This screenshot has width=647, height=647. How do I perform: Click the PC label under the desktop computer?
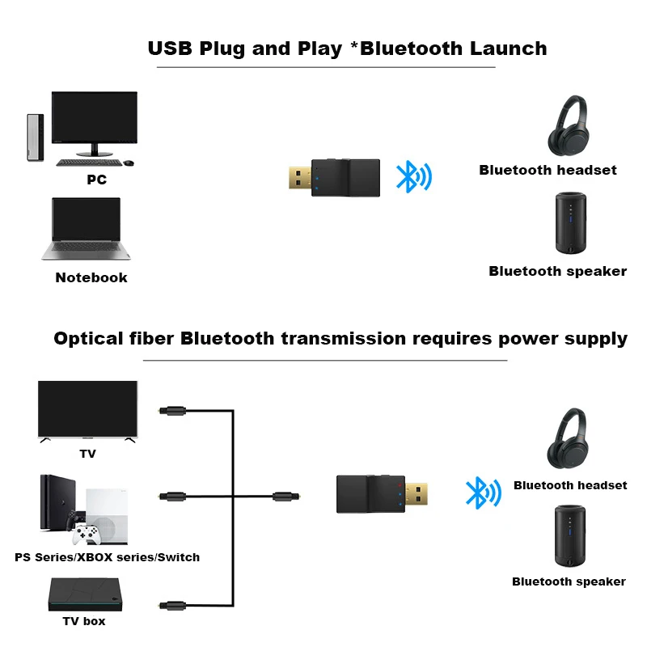tap(96, 180)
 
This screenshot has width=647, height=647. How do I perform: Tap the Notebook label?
tap(91, 277)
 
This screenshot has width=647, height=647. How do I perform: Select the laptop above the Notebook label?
tap(86, 229)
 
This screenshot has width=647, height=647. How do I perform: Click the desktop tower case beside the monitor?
tap(35, 137)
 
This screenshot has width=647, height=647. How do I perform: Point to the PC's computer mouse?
tap(129, 163)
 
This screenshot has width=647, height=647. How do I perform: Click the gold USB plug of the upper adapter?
tap(300, 177)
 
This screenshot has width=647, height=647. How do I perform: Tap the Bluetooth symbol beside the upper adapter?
tap(414, 176)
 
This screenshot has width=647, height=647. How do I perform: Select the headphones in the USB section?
tap(569, 125)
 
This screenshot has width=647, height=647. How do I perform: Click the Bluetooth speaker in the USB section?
tap(571, 223)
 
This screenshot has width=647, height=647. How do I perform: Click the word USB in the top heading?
tap(170, 49)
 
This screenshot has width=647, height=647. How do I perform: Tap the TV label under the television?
tap(87, 454)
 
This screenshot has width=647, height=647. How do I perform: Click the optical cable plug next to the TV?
tap(172, 411)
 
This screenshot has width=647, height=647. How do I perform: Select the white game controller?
tap(86, 534)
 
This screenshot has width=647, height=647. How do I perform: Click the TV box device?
tap(86, 594)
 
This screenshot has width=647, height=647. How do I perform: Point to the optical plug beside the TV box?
tap(172, 605)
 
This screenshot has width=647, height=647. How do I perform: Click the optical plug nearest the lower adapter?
tap(286, 496)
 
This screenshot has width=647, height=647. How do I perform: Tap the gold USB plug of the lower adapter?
tap(416, 493)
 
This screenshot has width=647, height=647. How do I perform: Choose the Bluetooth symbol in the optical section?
tap(483, 493)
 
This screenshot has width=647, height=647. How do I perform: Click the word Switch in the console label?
tap(179, 557)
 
